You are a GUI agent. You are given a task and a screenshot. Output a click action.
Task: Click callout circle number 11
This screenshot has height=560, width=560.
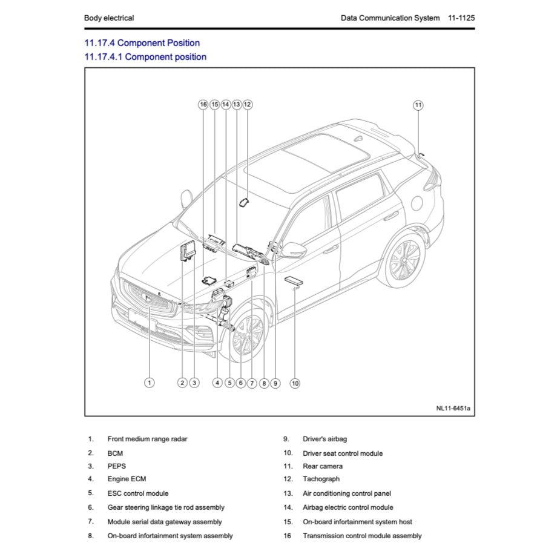[418, 105]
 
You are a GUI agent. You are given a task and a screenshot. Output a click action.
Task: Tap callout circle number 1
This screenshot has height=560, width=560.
[150, 383]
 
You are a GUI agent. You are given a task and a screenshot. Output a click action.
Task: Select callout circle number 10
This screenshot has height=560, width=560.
[295, 383]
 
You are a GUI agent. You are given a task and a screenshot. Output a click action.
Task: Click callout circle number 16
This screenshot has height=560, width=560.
[203, 104]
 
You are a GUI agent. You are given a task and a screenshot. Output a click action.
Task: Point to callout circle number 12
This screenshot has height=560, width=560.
[247, 104]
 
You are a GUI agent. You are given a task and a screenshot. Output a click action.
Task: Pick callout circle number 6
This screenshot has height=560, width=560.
[241, 383]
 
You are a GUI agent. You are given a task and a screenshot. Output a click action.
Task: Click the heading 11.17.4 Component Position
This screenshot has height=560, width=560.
[142, 43]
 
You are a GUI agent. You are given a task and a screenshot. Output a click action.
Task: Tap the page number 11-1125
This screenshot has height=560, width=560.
[461, 18]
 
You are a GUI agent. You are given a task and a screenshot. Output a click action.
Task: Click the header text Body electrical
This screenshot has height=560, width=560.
[109, 18]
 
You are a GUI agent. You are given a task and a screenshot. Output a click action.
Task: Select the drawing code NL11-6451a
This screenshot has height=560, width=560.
[452, 408]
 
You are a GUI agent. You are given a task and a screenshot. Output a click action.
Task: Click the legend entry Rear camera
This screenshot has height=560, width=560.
[322, 466]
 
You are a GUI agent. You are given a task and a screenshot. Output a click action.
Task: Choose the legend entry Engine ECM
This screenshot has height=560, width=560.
[127, 479]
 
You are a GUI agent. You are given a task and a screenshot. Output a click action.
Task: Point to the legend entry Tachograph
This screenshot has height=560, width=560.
[321, 479]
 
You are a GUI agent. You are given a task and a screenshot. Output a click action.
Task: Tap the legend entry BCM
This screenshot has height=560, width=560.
[115, 453]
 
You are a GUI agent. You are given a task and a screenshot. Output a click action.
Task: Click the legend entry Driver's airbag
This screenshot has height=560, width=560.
[324, 439]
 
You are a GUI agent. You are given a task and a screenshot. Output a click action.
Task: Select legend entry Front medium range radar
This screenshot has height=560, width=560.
[147, 439]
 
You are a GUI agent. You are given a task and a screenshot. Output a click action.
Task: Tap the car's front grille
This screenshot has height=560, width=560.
[148, 300]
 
